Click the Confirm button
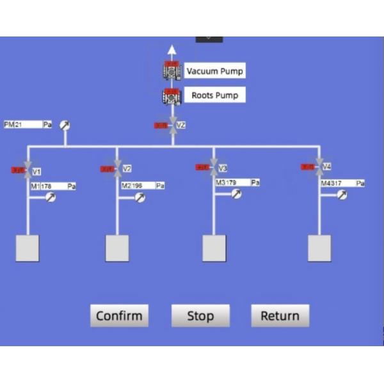[119, 316]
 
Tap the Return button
[280, 316]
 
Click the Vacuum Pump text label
[214, 71]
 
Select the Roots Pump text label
[214, 96]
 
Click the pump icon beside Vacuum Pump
[172, 70]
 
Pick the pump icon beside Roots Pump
[172, 97]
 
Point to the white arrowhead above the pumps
[172, 51]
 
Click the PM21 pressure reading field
[28, 124]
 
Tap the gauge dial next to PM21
[65, 125]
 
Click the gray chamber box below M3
[214, 248]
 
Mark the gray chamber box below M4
[319, 248]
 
